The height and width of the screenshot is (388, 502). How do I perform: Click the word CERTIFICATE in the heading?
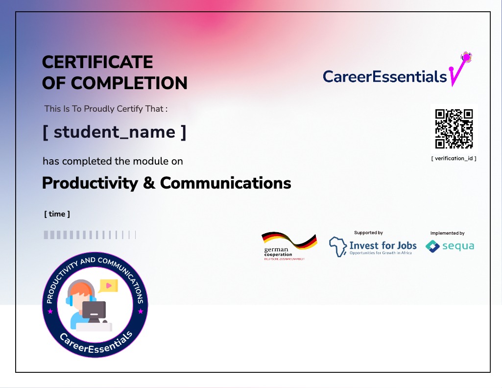tap(97, 62)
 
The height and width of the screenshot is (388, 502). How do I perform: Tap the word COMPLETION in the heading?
tap(129, 83)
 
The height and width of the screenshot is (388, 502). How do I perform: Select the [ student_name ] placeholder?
tap(114, 132)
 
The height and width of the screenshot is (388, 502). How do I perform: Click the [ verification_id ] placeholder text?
tap(454, 158)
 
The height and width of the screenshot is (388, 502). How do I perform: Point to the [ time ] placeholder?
tap(57, 214)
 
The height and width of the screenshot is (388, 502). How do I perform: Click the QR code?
tap(454, 129)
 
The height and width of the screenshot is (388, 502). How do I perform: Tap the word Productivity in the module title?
tap(90, 183)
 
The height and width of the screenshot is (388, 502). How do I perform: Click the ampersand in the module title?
tap(149, 183)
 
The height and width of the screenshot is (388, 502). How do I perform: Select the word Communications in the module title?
tap(225, 183)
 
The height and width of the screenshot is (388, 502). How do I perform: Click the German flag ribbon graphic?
tap(289, 241)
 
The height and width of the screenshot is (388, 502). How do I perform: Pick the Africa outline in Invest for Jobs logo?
tap(338, 246)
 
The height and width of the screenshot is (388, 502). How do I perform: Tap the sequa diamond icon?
tap(432, 246)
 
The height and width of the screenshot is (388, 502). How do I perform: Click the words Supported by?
tap(368, 233)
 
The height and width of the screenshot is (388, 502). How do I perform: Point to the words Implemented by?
tap(447, 233)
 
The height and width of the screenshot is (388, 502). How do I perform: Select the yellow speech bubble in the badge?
tap(109, 286)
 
